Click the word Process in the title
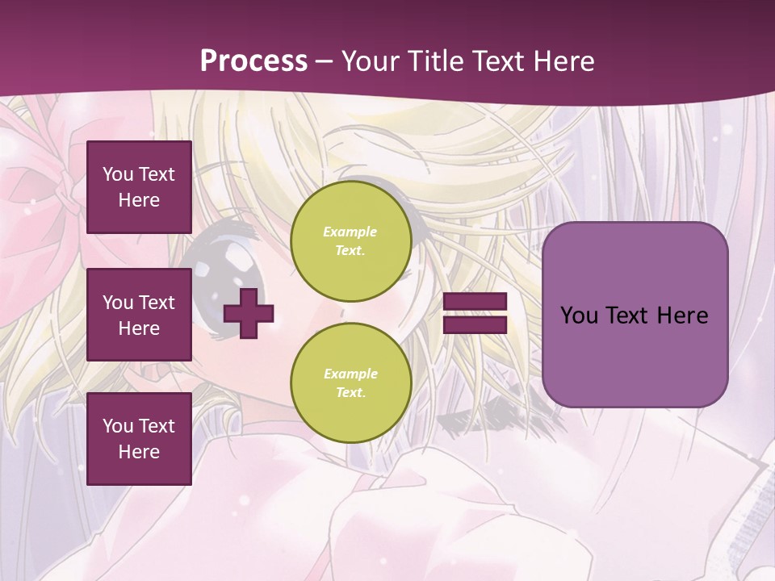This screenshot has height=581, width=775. click(253, 61)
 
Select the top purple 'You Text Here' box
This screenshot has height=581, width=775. click(139, 187)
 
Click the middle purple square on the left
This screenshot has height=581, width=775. click(139, 315)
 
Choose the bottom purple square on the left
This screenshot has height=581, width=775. click(139, 439)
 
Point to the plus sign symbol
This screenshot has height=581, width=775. click(249, 313)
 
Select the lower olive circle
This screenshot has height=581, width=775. click(351, 382)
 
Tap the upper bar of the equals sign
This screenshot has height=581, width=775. click(475, 302)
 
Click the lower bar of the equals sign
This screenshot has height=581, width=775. click(475, 324)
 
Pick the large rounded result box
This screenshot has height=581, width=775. click(635, 315)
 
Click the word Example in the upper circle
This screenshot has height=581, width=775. click(350, 232)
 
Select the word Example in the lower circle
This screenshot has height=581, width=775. click(350, 374)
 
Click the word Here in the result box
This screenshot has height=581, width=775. click(682, 316)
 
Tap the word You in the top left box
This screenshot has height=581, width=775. click(117, 174)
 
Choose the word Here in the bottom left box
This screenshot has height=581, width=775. click(139, 452)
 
